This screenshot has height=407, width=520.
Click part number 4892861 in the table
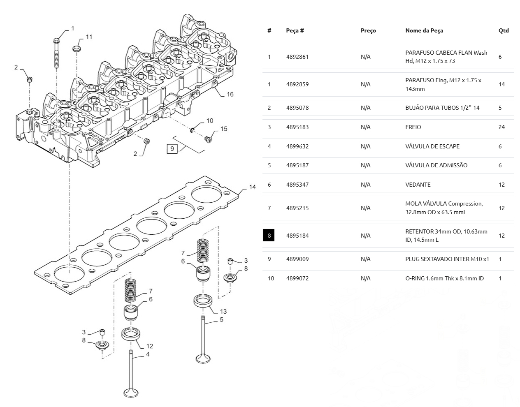297,57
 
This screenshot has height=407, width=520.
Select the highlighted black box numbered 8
269,235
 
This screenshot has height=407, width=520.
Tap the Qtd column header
504,30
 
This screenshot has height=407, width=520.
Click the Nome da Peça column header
424,30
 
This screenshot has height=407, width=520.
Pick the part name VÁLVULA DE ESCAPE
432,146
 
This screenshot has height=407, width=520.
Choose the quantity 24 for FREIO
501,127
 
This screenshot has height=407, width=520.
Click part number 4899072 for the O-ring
297,278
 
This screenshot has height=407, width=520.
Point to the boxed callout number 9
172,149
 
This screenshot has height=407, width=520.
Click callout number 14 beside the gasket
253,187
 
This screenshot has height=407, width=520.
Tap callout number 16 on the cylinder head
230,94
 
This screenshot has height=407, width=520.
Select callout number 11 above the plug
89,37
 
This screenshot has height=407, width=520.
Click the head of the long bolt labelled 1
56,41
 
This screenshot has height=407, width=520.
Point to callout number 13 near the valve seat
223,311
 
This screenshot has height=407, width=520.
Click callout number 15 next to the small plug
224,129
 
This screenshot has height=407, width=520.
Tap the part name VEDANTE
418,185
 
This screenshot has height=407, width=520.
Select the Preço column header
368,30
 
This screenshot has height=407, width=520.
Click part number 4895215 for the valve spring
297,208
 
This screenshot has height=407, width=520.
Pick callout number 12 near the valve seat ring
150,346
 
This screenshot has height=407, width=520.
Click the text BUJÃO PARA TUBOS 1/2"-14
442,108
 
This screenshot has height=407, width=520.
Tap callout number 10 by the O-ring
210,121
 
